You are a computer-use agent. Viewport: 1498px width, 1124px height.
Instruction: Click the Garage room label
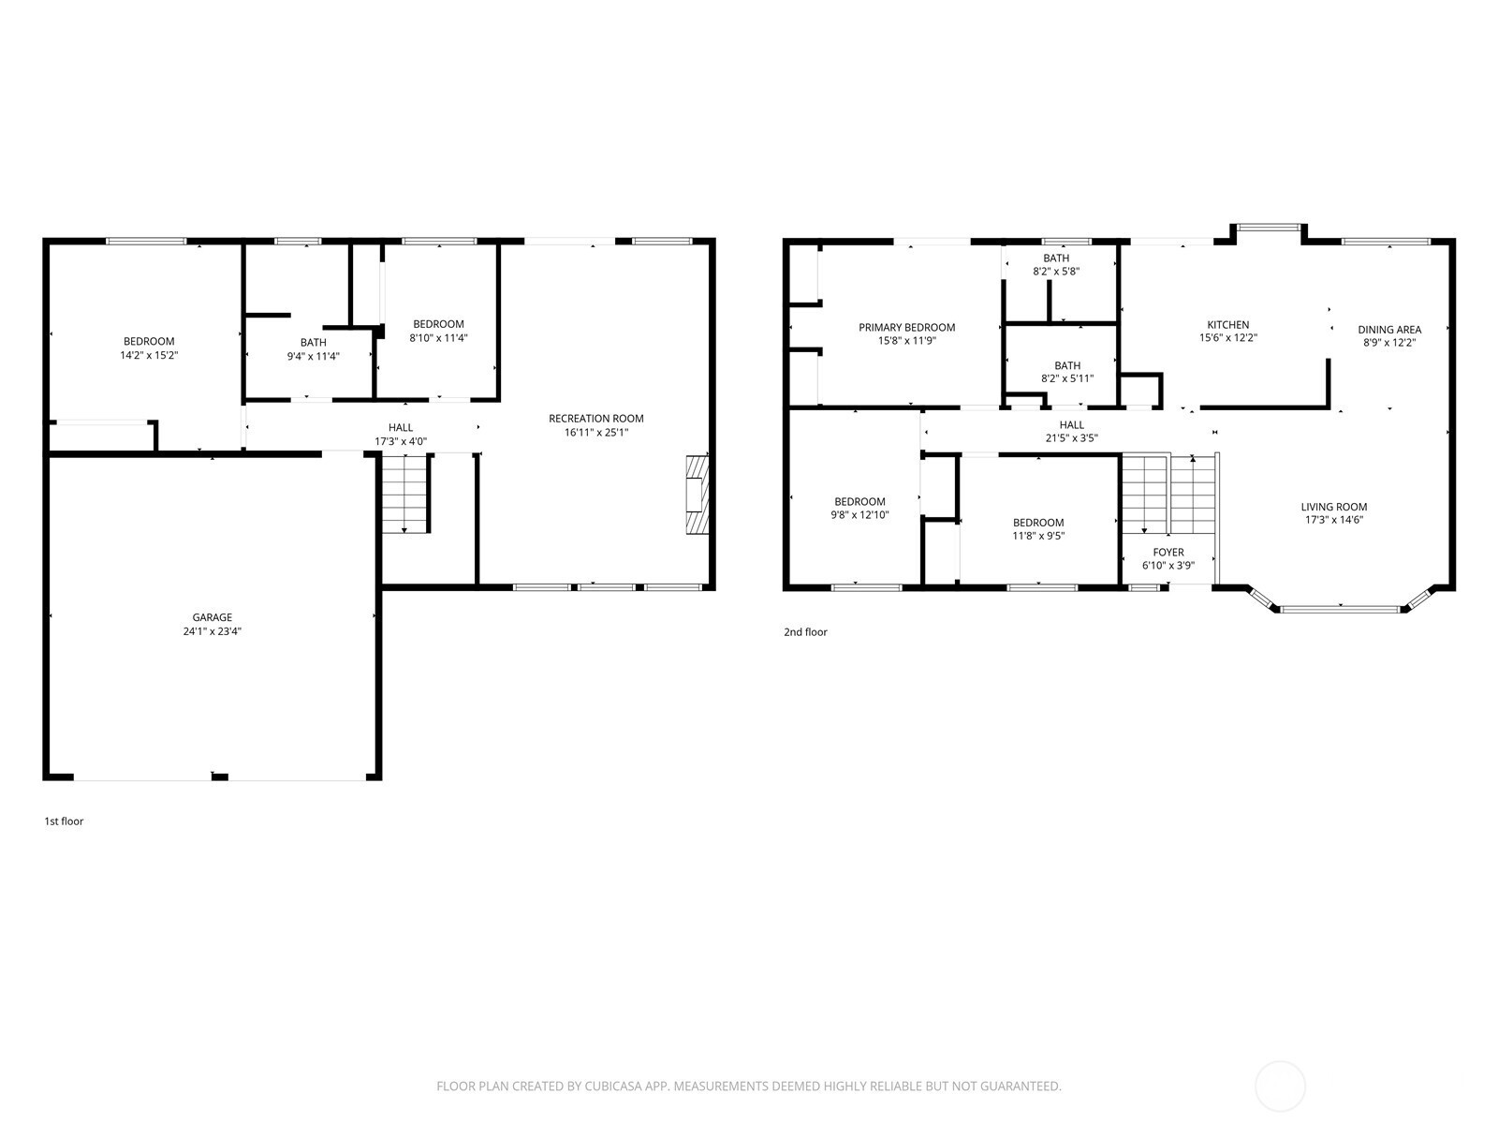[212, 617]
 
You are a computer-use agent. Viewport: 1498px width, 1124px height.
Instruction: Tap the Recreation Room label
[595, 419]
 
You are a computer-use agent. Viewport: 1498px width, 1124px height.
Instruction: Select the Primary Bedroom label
[906, 328]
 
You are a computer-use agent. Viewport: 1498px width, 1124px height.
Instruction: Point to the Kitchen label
[1227, 325]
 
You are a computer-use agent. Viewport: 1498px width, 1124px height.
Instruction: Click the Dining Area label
[1389, 330]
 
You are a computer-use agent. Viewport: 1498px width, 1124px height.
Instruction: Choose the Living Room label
[1333, 507]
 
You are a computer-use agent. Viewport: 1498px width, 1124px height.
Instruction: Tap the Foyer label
[1168, 552]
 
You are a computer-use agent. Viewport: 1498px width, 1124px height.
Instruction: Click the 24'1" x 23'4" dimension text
[212, 631]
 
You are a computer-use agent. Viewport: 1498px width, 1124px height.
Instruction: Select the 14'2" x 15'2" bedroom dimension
[149, 355]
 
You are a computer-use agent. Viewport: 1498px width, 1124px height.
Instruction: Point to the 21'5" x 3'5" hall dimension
[1071, 438]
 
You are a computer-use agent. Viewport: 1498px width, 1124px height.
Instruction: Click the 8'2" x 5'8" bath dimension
[1056, 271]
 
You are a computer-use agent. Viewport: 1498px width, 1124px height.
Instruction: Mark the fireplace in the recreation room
[698, 495]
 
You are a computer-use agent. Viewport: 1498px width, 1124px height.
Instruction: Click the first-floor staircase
[404, 493]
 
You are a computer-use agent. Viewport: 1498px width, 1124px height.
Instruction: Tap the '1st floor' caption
[64, 821]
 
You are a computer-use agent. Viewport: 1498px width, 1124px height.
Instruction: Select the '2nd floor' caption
[805, 632]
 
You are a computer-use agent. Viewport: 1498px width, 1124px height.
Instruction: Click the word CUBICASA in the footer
[613, 1086]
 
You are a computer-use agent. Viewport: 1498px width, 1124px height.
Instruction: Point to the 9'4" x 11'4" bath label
[314, 348]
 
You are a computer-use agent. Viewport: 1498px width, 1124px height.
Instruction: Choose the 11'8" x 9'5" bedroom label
[1038, 529]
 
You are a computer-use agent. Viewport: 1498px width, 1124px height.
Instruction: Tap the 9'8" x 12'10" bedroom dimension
[859, 515]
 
